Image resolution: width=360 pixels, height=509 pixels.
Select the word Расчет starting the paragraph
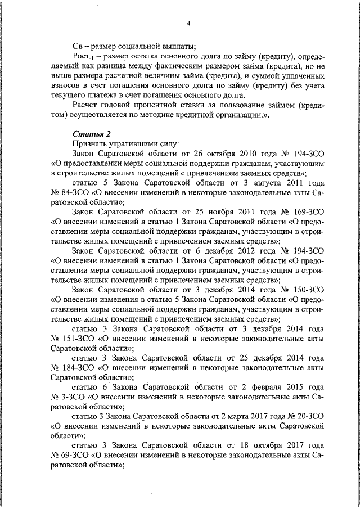(x=88, y=105)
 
